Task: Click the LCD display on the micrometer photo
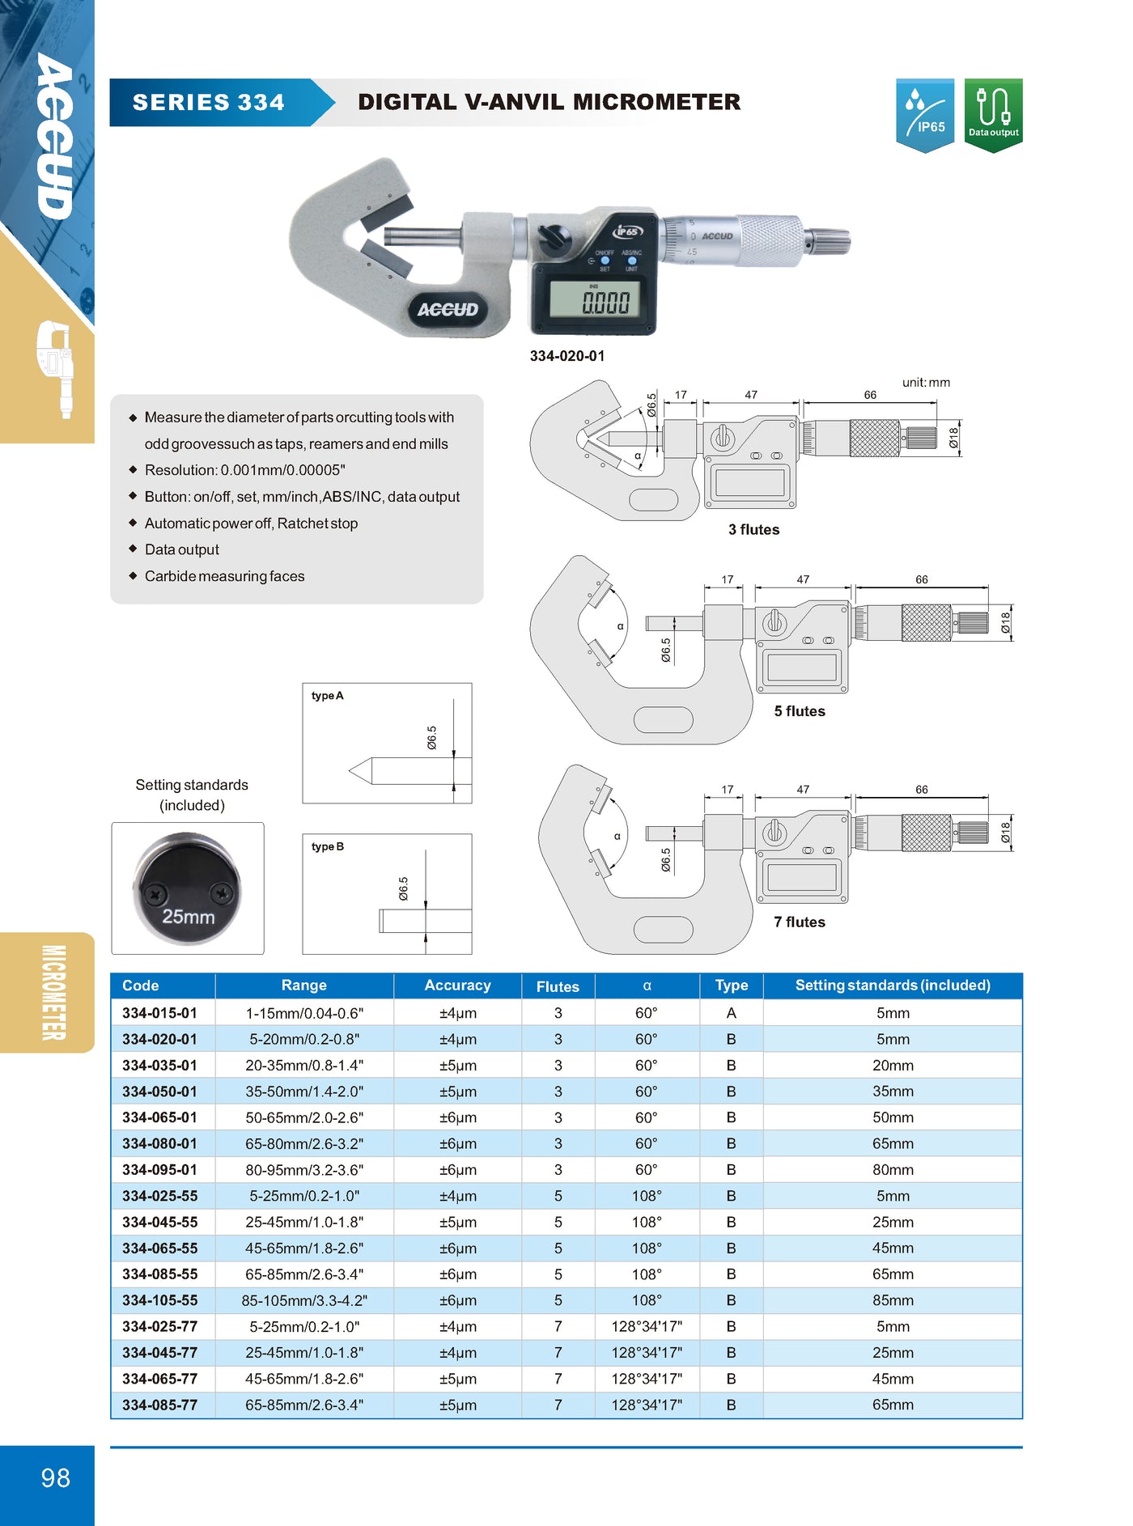(595, 301)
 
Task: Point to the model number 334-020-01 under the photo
(567, 356)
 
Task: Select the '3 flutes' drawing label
(753, 530)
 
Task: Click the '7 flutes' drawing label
(800, 922)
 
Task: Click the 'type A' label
(328, 696)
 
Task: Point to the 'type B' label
(328, 846)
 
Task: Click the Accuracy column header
(457, 986)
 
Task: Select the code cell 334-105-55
(160, 1300)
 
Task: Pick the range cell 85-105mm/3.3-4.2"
(304, 1300)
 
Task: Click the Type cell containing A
(731, 1013)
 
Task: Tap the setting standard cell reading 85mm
(893, 1300)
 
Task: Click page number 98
(55, 1478)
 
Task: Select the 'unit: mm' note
(926, 383)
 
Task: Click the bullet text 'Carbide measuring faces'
(224, 576)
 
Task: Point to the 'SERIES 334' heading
(208, 103)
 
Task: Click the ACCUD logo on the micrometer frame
(448, 310)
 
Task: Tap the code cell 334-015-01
(160, 1013)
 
